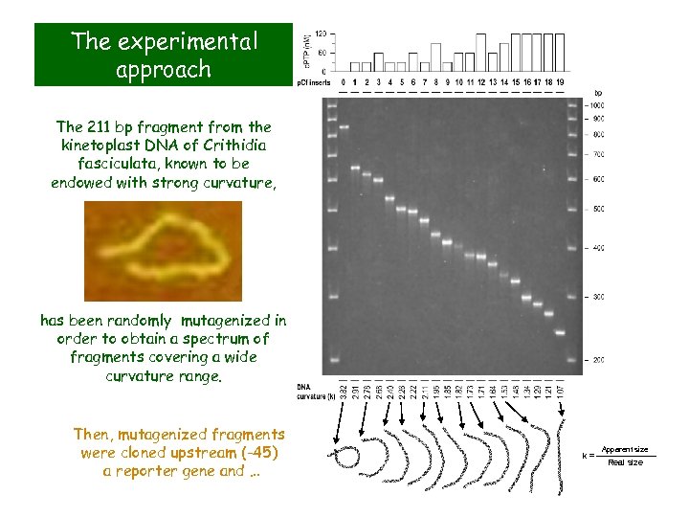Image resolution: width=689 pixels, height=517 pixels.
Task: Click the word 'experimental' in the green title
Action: point(203,41)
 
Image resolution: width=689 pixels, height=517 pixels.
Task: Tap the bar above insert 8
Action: point(436,56)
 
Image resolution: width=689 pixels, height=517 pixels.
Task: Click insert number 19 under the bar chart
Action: point(561,82)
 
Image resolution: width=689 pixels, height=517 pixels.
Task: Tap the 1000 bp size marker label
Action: point(595,104)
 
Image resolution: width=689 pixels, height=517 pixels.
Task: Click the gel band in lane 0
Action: point(345,126)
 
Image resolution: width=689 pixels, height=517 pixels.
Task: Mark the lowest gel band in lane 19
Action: point(561,332)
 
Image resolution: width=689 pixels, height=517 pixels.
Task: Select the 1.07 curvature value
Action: point(561,390)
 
